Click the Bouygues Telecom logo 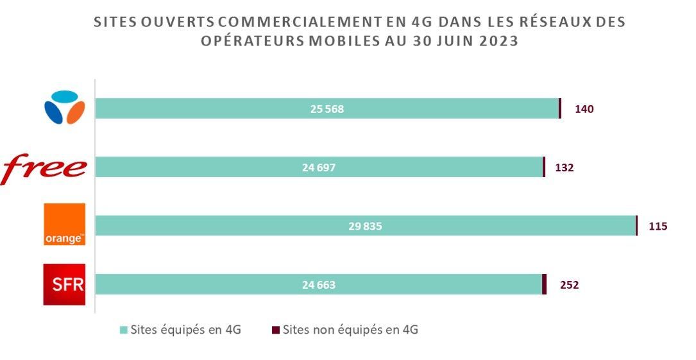(x=64, y=108)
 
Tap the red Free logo (x=44, y=167)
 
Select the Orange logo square (x=64, y=225)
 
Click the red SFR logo (x=64, y=284)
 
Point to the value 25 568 (x=327, y=109)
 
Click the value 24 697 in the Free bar (x=319, y=168)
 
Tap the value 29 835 (x=364, y=226)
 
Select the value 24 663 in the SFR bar (x=319, y=285)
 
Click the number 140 (x=584, y=109)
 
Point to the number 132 (x=564, y=168)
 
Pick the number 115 (x=658, y=226)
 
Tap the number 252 (x=569, y=285)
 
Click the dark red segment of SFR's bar (x=544, y=284)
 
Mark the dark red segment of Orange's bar (x=636, y=226)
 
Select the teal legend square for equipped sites (x=124, y=330)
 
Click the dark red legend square (x=276, y=330)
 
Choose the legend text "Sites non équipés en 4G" (x=350, y=330)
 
